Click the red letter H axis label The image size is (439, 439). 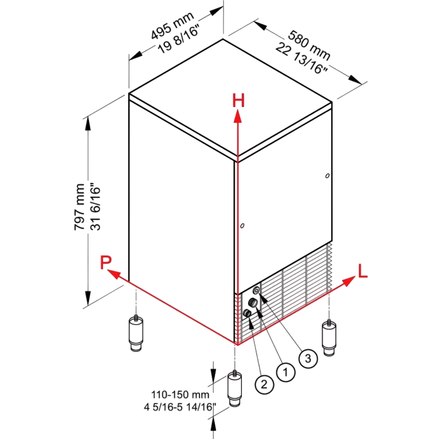point(239,101)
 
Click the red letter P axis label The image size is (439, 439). point(106,262)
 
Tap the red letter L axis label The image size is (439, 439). point(362,271)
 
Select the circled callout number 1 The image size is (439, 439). point(286,372)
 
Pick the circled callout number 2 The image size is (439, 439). point(265,385)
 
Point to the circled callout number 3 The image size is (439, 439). point(308,358)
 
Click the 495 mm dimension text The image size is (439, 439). point(172,26)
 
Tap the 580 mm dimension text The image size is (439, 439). point(309,45)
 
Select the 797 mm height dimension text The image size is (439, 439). point(80,207)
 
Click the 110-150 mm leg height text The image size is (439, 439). point(180,395)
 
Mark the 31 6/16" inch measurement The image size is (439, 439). point(95,207)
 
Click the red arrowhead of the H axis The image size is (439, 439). point(238,116)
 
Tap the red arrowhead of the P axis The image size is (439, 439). point(113,274)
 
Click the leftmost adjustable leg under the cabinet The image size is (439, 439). point(136,333)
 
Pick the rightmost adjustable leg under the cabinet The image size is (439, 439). point(329,338)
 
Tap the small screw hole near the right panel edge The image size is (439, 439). point(327,176)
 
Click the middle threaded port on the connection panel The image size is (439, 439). point(253,302)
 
